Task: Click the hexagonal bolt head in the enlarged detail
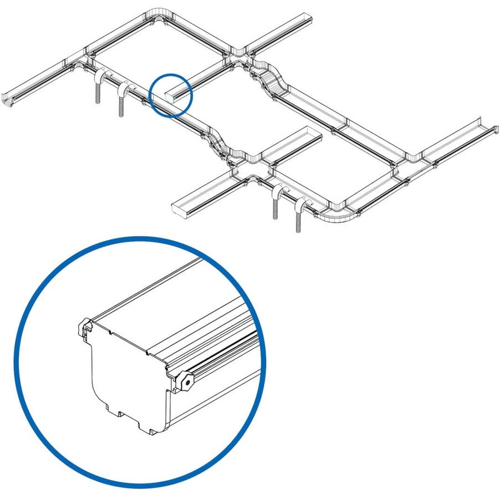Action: (187, 381)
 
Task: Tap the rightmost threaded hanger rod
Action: (299, 218)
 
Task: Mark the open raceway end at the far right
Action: (485, 125)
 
